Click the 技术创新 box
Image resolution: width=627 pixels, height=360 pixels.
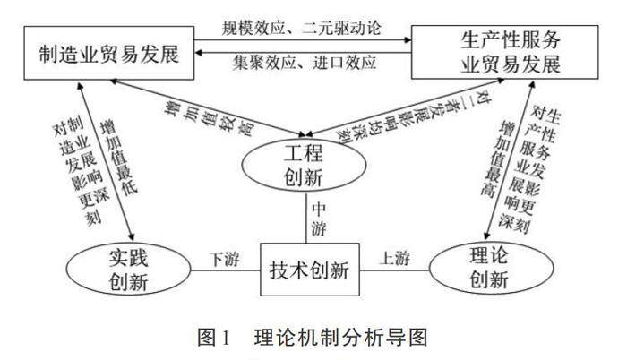(309, 267)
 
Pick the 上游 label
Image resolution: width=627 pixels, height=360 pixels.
(397, 259)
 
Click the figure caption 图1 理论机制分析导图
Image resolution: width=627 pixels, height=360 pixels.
(310, 337)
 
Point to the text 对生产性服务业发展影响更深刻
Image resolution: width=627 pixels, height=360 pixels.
(536, 170)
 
